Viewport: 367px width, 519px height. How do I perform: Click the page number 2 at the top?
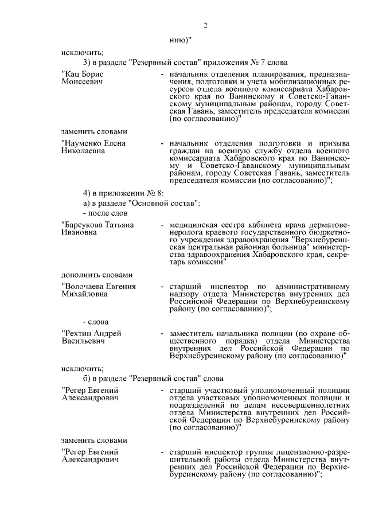205,25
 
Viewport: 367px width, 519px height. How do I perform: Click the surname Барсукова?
82,225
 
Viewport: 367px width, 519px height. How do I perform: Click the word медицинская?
194,225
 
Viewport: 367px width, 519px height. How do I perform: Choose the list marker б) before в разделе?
87,378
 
